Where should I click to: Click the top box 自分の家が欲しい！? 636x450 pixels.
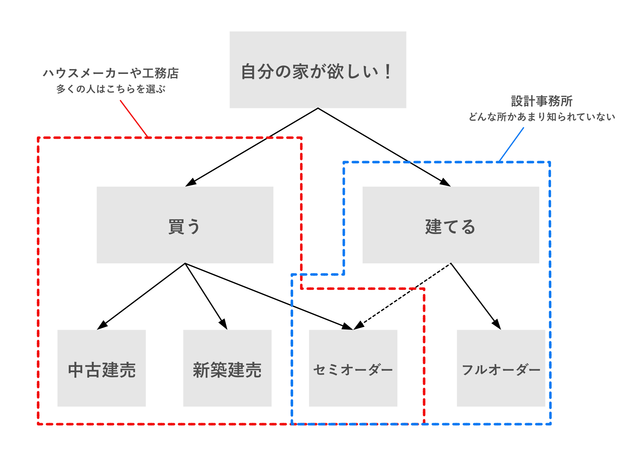coord(318,70)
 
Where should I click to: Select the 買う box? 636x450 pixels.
coord(185,225)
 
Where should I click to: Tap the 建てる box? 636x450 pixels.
coord(451,225)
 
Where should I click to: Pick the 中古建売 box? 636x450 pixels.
coord(101,368)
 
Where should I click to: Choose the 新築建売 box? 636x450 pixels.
coord(227,368)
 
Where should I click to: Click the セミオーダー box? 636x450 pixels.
coord(353,368)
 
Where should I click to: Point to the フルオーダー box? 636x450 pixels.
coord(501,368)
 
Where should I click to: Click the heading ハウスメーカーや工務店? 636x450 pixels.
coord(111,73)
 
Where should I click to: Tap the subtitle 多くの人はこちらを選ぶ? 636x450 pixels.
coord(111,89)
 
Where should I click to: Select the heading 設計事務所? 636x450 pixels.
coord(541,101)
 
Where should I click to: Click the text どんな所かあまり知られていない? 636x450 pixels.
coord(541,117)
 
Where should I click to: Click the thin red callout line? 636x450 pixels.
coord(134,118)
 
